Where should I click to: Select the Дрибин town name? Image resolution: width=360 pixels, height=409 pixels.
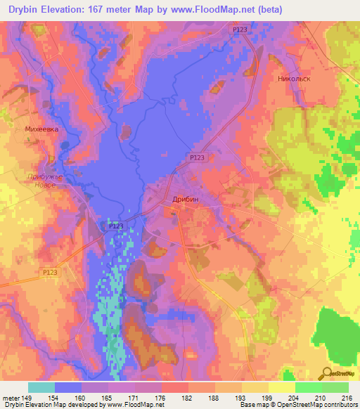186,200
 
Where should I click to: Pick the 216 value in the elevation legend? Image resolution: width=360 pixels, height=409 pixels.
345,396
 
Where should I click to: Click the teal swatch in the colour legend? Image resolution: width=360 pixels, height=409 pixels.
41,387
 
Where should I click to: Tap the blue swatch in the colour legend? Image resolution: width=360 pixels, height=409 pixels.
68,387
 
